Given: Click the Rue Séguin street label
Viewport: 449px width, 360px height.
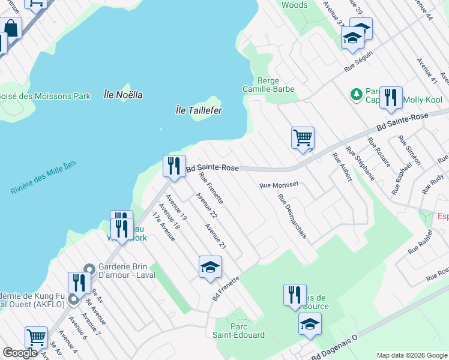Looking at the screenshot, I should point(358,62).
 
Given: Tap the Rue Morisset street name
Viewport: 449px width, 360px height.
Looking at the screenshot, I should point(279,186).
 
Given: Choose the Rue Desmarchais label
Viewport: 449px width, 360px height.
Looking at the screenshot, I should point(292,216).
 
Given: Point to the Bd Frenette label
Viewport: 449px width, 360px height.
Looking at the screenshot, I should point(226,289).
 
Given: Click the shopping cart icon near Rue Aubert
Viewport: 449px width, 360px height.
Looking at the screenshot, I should point(303,137).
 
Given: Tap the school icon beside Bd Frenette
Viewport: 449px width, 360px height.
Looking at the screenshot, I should point(210,267).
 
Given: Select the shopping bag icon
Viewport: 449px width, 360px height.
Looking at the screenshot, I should point(11,28).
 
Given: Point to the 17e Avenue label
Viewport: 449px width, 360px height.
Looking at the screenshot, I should point(163,226).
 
